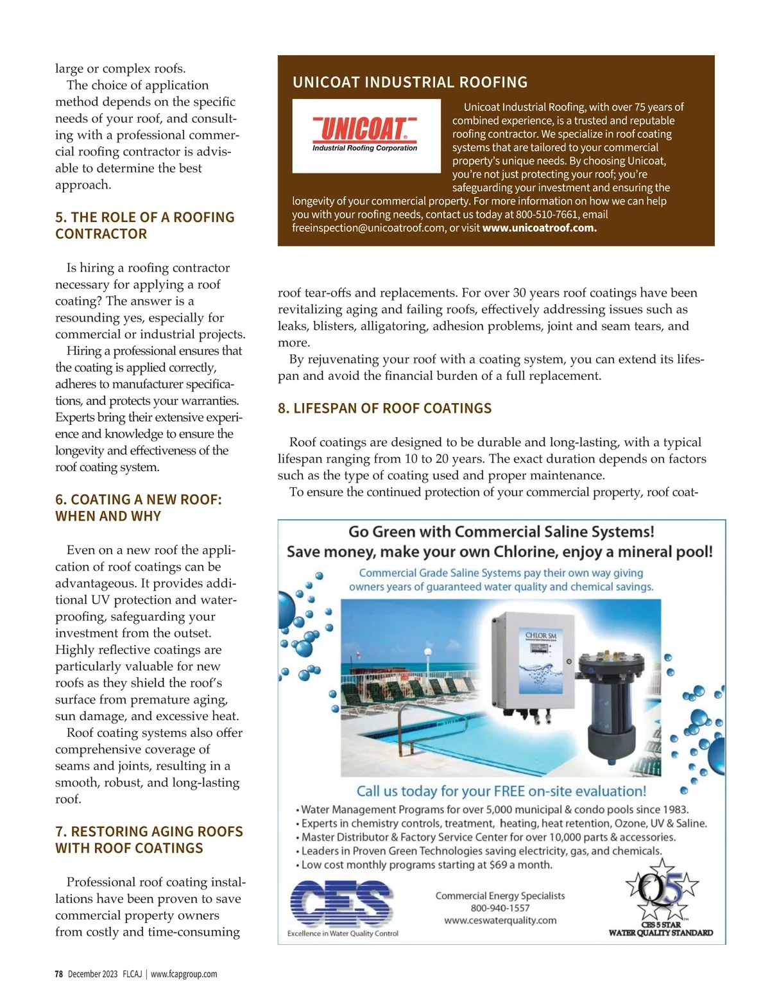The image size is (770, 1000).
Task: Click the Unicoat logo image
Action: pos(366,135)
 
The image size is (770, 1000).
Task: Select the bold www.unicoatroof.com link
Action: pos(539,228)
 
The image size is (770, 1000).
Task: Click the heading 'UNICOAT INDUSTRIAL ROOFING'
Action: pos(410,82)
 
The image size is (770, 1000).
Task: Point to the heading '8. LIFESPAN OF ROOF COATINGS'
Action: pos(384,408)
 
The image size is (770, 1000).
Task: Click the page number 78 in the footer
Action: pos(58,974)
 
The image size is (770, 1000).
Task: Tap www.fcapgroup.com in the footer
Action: pos(184,974)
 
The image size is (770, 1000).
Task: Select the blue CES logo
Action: pos(341,904)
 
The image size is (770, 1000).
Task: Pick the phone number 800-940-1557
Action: pos(500,908)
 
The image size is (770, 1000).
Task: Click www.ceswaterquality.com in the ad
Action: pos(500,920)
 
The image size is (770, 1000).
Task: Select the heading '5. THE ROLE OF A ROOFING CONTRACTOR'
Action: pos(144,225)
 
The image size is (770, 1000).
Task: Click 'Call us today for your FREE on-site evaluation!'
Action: pos(501,791)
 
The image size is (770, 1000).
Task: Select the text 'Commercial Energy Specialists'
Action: pos(500,895)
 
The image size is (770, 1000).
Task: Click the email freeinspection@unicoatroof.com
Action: pos(368,228)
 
